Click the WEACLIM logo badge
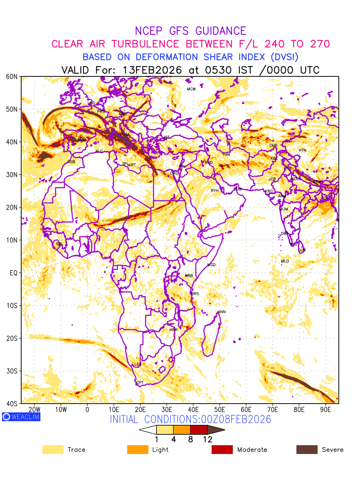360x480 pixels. tap(21, 417)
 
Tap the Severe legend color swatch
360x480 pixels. tap(307, 450)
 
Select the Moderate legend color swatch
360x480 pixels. tap(222, 450)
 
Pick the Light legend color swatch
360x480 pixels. tap(137, 450)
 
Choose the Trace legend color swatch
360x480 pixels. tap(53, 450)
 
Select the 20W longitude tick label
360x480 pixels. tap(34, 410)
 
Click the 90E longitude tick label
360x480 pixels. tap(326, 410)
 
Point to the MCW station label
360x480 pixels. tap(191, 89)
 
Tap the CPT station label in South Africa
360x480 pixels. tap(140, 383)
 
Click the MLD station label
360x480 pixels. tap(285, 261)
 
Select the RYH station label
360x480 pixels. tap(215, 191)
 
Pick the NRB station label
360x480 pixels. tap(189, 276)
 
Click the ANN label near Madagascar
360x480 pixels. tap(222, 312)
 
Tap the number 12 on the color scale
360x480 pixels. tap(208, 439)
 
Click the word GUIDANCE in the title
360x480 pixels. tap(221, 31)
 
